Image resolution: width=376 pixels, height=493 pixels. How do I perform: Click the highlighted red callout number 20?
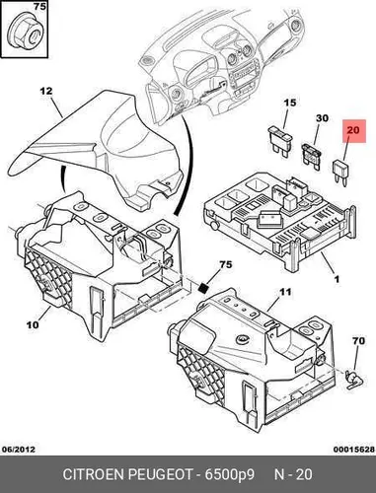353,130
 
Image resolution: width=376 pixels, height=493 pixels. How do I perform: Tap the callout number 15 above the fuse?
290,103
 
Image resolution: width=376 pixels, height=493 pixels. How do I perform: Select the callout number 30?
322,118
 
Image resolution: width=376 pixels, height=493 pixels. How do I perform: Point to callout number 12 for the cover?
46,91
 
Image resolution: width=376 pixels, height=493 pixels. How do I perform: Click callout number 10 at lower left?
33,324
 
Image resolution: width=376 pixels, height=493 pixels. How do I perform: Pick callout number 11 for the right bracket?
285,292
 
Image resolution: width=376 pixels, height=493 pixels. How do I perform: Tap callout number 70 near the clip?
358,341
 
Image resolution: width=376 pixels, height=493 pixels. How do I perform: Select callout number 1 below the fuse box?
337,279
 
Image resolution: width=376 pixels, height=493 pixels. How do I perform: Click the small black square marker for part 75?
204,288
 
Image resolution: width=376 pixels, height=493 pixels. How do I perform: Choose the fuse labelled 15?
280,140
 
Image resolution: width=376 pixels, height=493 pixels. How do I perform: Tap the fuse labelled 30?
311,157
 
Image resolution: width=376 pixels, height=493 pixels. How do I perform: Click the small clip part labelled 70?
354,380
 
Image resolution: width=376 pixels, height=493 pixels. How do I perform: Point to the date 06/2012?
19,449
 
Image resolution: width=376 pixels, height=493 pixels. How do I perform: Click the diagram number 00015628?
354,450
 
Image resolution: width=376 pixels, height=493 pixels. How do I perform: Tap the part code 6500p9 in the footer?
230,475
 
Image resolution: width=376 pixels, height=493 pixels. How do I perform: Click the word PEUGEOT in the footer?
160,474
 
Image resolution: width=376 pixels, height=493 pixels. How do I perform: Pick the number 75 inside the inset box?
39,6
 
